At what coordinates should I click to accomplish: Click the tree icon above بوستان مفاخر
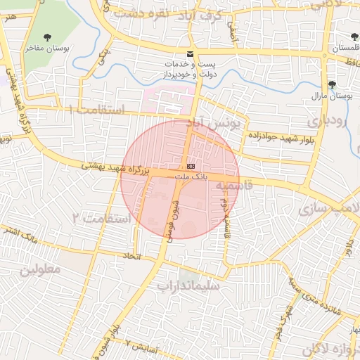click(x=48, y=37)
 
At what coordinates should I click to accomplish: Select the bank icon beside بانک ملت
click(x=191, y=166)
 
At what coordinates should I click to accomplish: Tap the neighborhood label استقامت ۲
click(x=102, y=219)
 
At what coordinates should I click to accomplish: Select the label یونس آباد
click(x=218, y=124)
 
